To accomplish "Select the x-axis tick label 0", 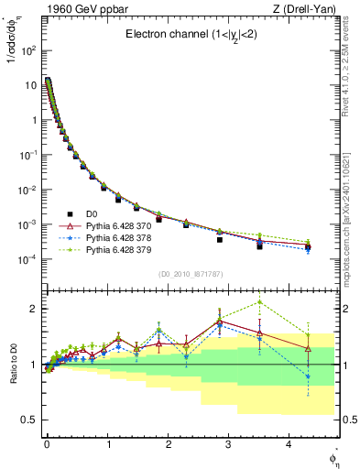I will (47, 451).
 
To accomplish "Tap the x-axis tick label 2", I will (168, 451).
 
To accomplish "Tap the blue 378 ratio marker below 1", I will (308, 376).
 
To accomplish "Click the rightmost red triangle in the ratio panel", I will (308, 348).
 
